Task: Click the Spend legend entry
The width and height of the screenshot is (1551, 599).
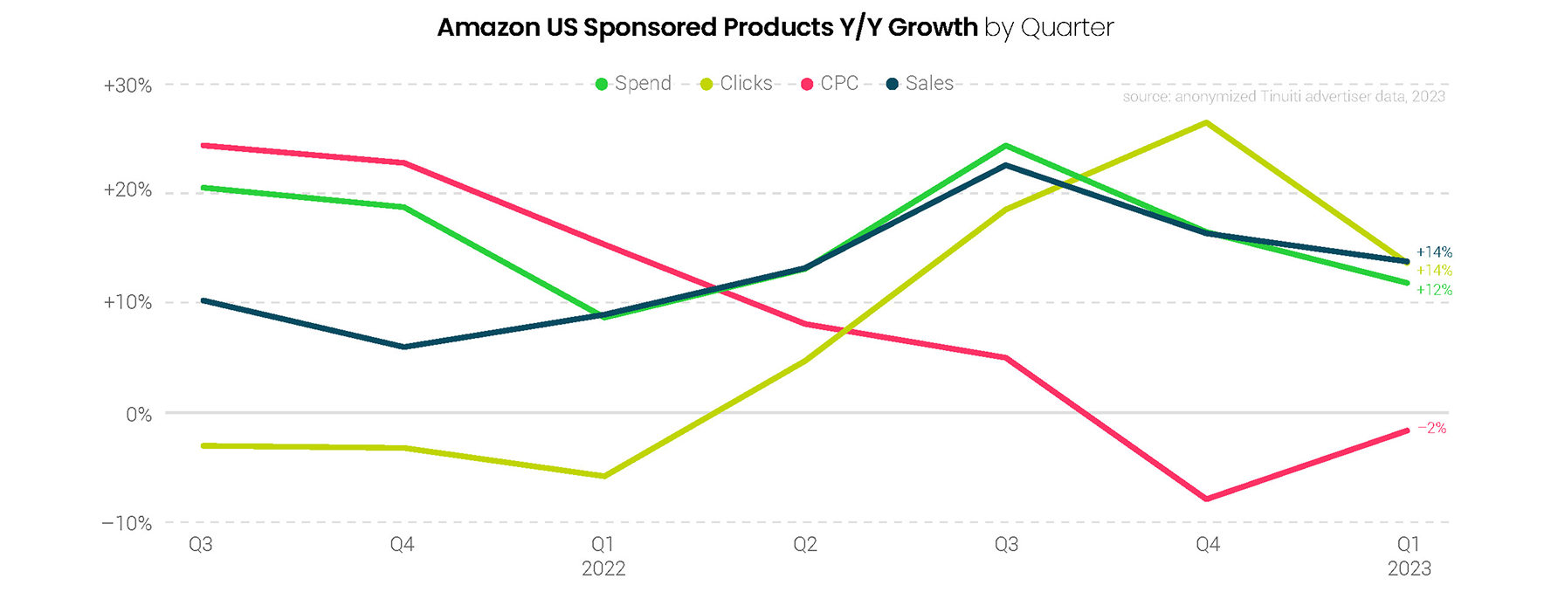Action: click(634, 84)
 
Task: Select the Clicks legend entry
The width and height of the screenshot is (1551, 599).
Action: click(737, 84)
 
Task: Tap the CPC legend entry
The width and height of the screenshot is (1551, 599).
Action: click(831, 84)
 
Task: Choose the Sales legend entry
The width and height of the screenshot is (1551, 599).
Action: click(920, 84)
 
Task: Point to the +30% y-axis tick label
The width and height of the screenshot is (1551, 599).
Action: click(128, 86)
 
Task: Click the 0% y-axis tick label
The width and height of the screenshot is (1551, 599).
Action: click(139, 415)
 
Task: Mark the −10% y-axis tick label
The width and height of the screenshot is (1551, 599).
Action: click(127, 524)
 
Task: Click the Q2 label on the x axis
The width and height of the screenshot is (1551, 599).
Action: click(804, 545)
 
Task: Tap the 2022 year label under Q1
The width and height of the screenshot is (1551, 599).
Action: click(603, 569)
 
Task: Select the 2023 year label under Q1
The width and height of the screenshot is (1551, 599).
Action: click(1409, 569)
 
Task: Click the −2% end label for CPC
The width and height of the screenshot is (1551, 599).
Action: click(1431, 429)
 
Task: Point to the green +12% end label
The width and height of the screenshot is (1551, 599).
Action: click(1434, 290)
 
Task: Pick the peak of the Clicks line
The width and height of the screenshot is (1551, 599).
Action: click(1207, 123)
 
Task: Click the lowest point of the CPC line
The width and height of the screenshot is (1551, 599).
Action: click(1207, 499)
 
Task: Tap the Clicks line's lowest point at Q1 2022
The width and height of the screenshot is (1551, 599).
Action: click(603, 476)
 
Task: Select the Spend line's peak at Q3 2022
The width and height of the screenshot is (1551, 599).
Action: click(1006, 146)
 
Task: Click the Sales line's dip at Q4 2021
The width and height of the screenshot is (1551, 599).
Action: click(403, 347)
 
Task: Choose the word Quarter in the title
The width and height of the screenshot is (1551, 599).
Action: click(1067, 28)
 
